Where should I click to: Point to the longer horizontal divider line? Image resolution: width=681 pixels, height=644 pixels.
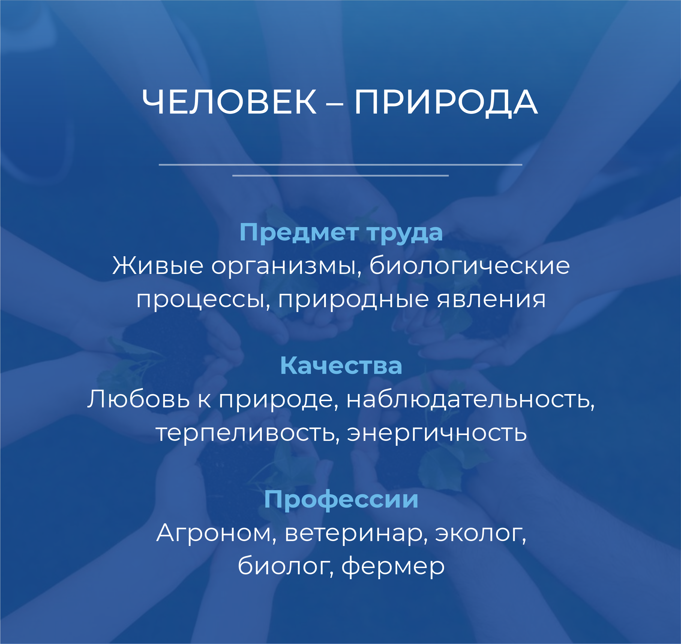tap(340, 165)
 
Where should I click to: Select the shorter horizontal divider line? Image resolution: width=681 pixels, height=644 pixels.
tap(340, 175)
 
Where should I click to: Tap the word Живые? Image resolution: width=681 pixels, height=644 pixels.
tap(158, 266)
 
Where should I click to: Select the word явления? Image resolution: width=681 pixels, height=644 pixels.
tap(491, 299)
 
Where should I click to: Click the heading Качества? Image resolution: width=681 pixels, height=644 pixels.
tap(341, 365)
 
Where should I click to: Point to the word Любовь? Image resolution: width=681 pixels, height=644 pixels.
tap(139, 399)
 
